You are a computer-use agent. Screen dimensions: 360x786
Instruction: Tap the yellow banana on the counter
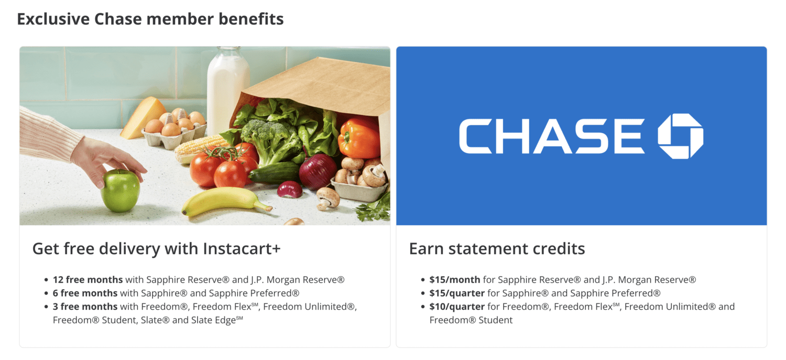click(x=223, y=201)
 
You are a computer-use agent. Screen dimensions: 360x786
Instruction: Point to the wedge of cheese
click(x=144, y=116)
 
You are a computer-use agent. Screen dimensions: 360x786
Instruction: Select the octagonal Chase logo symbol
click(x=680, y=136)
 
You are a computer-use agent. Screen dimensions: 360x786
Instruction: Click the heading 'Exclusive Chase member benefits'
click(x=150, y=19)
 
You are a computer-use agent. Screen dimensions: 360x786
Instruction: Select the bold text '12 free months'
click(x=88, y=280)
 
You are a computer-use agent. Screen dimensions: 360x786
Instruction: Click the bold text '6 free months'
click(x=85, y=293)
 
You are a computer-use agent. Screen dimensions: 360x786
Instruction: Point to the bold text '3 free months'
click(x=85, y=307)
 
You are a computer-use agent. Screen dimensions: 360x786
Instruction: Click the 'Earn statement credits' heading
click(x=497, y=248)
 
